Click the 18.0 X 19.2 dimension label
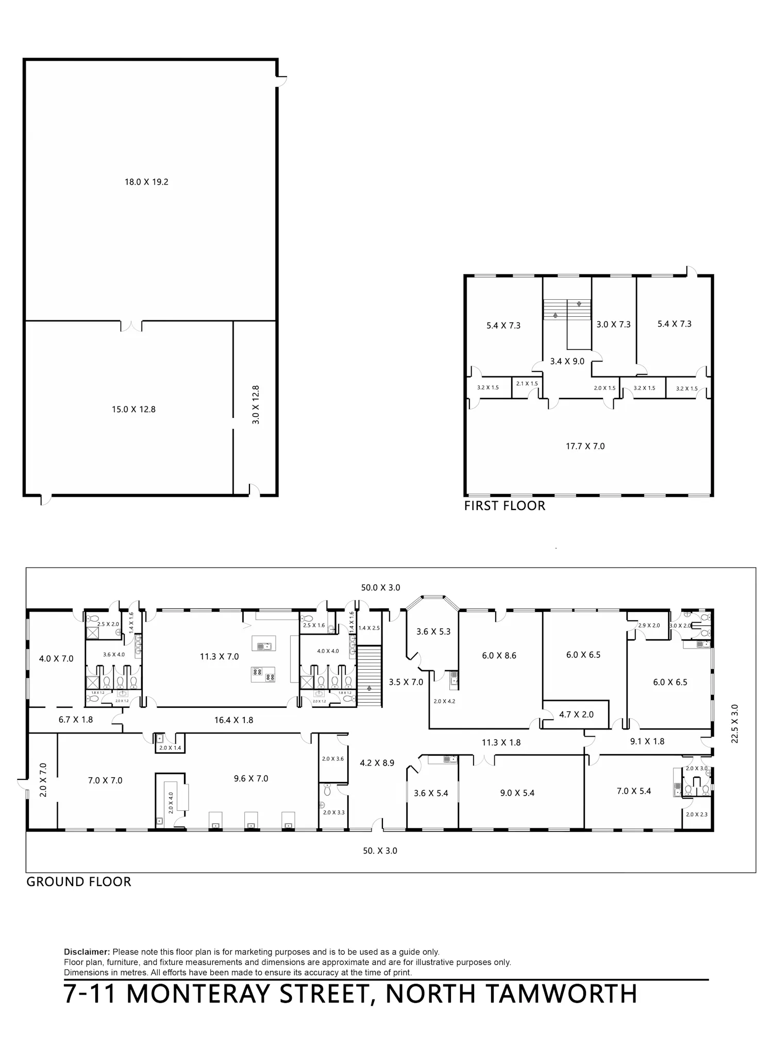pyautogui.click(x=146, y=182)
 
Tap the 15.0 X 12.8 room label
pyautogui.click(x=133, y=410)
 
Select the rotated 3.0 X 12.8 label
pyautogui.click(x=256, y=405)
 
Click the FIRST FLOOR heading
pyautogui.click(x=505, y=506)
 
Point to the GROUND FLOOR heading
pyautogui.click(x=79, y=882)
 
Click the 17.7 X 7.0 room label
pyautogui.click(x=585, y=446)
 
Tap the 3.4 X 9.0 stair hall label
pyautogui.click(x=567, y=362)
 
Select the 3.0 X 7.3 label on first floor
pyautogui.click(x=614, y=325)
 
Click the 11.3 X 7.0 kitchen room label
pyautogui.click(x=220, y=657)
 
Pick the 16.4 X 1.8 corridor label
pyautogui.click(x=234, y=720)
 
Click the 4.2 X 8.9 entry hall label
pyautogui.click(x=377, y=763)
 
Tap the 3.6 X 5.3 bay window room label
pyautogui.click(x=433, y=632)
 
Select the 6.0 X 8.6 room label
pyautogui.click(x=499, y=656)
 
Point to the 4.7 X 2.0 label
pyautogui.click(x=577, y=714)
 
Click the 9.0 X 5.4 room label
pyautogui.click(x=517, y=793)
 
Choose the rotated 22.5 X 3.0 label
pyautogui.click(x=735, y=724)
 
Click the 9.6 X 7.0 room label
pyautogui.click(x=251, y=778)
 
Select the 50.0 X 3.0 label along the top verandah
pyautogui.click(x=380, y=587)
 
